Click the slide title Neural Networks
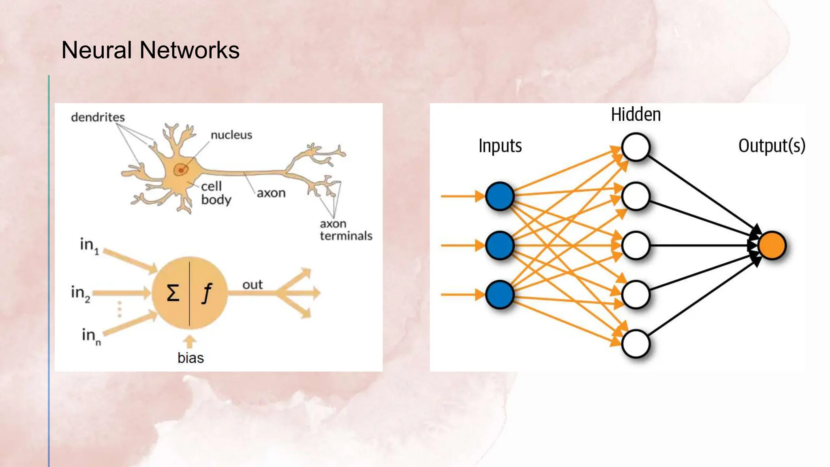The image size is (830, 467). (150, 50)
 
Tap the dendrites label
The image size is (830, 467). (98, 117)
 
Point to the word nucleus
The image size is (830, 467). (231, 135)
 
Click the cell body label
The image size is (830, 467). (216, 193)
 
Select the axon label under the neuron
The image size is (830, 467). (271, 193)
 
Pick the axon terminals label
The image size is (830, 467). (346, 230)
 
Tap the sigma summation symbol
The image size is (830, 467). (173, 292)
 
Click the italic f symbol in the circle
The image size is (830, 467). (207, 293)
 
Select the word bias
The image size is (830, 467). (190, 358)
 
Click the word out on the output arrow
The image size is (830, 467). (252, 285)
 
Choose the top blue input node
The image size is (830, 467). (500, 196)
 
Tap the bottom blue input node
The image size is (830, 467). (500, 295)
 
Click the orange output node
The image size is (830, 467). (772, 245)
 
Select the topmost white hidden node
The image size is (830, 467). (635, 147)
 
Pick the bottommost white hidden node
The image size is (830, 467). (635, 344)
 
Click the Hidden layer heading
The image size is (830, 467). (636, 114)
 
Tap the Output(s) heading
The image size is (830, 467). (772, 146)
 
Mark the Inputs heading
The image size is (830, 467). (500, 146)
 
